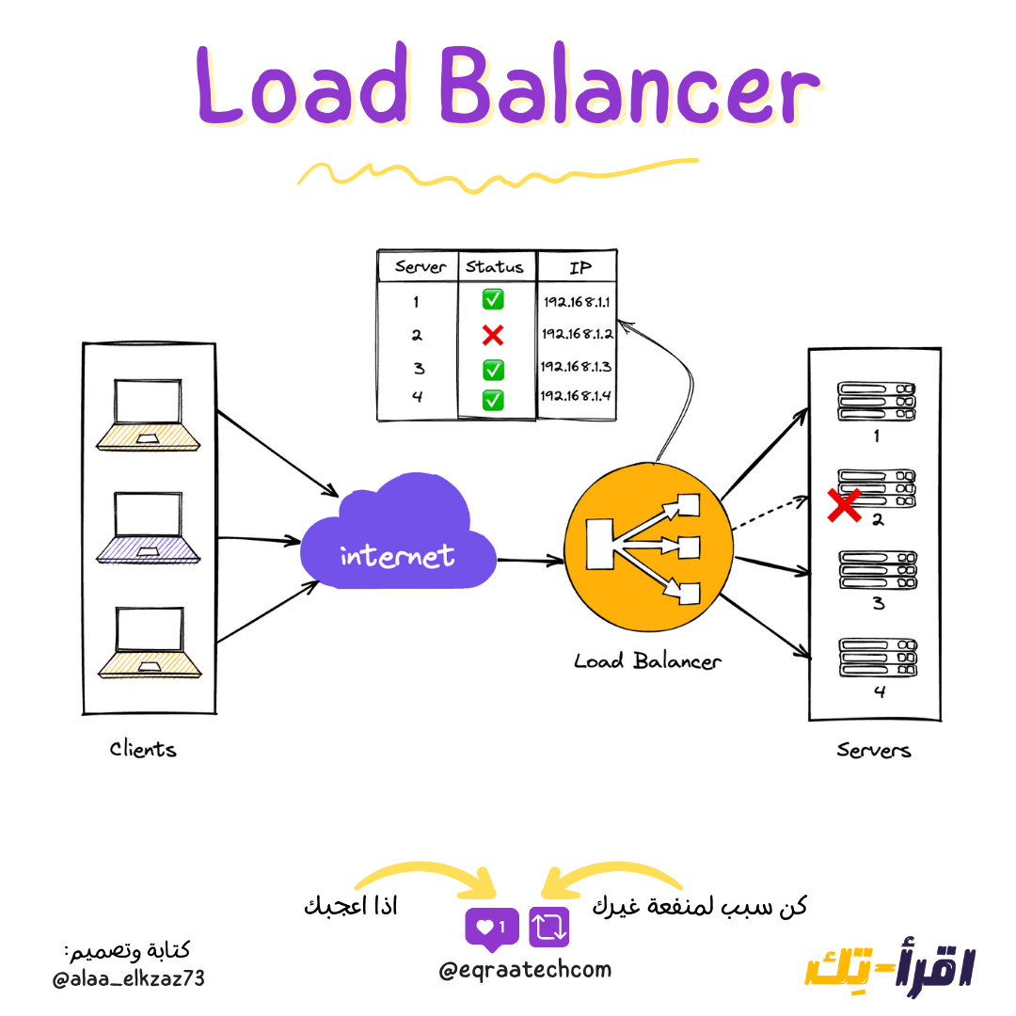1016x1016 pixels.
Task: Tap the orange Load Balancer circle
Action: tap(647, 548)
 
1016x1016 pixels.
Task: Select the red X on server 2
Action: tap(844, 505)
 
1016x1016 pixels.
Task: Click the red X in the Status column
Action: tap(493, 334)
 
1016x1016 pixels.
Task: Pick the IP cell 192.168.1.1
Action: tap(577, 302)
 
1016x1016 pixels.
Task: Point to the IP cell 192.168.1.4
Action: tap(577, 396)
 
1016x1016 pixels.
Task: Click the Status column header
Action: tap(495, 266)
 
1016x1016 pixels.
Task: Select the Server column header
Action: tap(420, 266)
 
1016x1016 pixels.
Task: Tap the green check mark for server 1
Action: tap(493, 300)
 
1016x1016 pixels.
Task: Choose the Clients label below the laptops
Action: tap(143, 750)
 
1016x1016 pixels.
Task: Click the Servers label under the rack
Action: tap(874, 751)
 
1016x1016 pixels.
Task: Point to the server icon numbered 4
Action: tap(877, 658)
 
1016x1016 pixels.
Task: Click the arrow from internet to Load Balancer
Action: tap(530, 562)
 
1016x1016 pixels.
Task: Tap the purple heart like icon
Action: tap(491, 928)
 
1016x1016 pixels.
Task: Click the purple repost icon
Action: tap(549, 928)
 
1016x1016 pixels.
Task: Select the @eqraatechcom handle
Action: tap(524, 969)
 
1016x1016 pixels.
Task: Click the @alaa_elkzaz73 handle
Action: tap(129, 979)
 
